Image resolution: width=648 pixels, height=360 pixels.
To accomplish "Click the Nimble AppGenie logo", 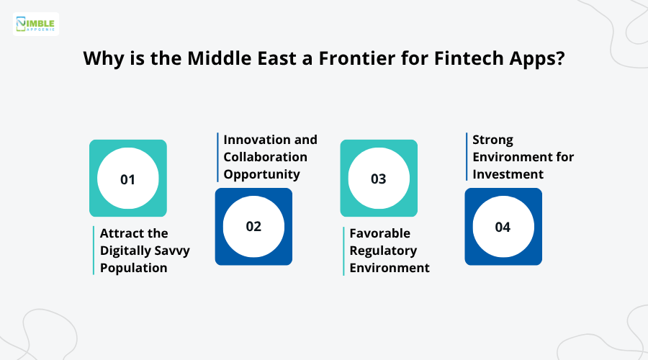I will coord(36,24).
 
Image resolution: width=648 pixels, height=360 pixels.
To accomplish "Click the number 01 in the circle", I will coord(127,179).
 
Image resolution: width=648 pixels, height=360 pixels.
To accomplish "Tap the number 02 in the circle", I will coord(253,226).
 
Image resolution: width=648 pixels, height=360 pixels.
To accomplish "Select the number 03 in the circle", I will coord(379,179).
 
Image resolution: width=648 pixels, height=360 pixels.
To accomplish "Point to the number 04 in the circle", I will coord(503,227).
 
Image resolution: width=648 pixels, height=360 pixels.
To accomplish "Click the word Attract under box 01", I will coord(124,233).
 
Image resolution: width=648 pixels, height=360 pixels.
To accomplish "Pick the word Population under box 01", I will coord(133,268).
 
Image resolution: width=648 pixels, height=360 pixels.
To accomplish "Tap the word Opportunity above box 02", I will coord(261,174).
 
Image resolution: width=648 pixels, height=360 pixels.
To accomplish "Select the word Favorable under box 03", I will coord(379,233).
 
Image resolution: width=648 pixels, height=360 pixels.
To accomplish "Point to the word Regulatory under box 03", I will coord(383,251).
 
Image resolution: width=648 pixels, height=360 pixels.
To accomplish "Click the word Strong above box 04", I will coord(492,139).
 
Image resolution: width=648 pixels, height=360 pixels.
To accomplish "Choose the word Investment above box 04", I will coord(508,174).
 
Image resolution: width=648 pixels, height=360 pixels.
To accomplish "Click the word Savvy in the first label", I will coord(173,251).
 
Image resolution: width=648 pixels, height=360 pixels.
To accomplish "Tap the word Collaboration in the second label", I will coord(265,156).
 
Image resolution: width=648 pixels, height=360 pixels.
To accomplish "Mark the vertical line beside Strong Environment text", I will coord(467,156).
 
